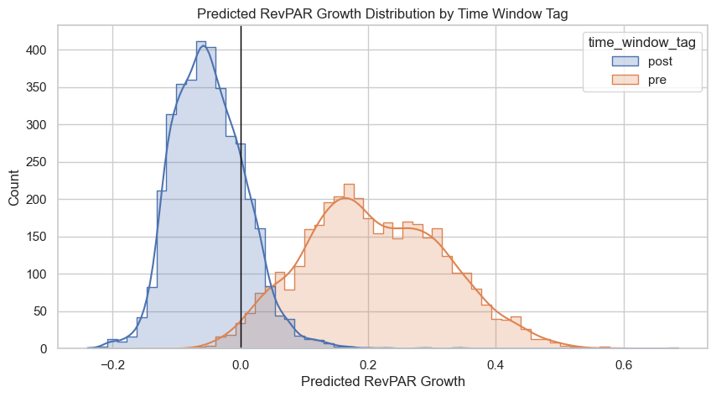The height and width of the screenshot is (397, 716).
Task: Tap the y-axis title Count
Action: (x=14, y=186)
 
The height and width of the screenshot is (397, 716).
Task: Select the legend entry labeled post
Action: (x=660, y=61)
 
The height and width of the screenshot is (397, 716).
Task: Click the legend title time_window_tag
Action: (x=641, y=42)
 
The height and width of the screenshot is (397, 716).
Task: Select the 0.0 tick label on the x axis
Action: (x=241, y=365)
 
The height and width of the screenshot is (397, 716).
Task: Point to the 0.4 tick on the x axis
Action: (x=495, y=365)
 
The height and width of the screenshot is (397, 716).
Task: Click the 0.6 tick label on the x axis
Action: (x=623, y=365)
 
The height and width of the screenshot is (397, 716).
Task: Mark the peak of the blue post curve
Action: (x=203, y=45)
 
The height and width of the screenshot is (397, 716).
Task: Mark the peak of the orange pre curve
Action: (x=346, y=198)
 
